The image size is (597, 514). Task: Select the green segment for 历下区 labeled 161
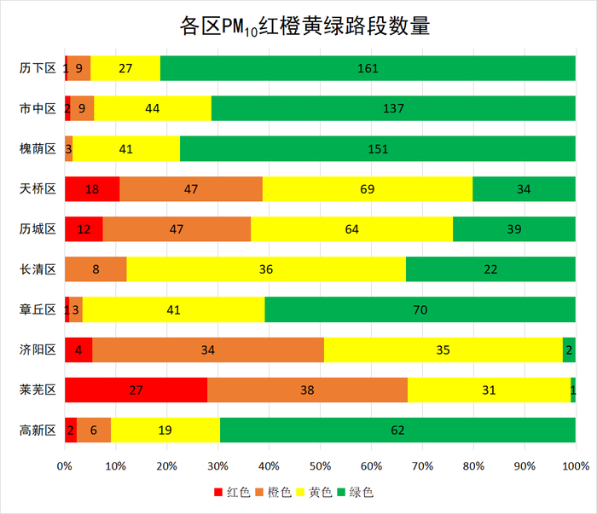[x=368, y=68]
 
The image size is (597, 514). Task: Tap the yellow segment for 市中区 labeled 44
[x=153, y=108]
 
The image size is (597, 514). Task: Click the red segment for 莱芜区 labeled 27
[x=136, y=390]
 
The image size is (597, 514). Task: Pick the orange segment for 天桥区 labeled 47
[x=191, y=188]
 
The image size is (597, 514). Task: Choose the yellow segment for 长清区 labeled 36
[x=266, y=269]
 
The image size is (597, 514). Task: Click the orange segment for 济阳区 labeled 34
[x=208, y=349]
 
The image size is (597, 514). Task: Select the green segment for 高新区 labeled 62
[x=397, y=430]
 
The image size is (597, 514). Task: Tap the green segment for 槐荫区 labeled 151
[x=378, y=148]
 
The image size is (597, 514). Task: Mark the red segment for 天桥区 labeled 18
[x=92, y=188]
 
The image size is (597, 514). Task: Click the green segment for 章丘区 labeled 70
[x=420, y=309]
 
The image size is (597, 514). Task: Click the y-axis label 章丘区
[x=38, y=309]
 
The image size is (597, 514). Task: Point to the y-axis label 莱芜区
[x=38, y=390]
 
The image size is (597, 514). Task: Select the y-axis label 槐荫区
[x=38, y=148]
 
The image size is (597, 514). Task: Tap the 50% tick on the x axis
[x=320, y=466]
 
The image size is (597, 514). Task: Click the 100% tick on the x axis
[x=576, y=466]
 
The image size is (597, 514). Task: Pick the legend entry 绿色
[x=354, y=493]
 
